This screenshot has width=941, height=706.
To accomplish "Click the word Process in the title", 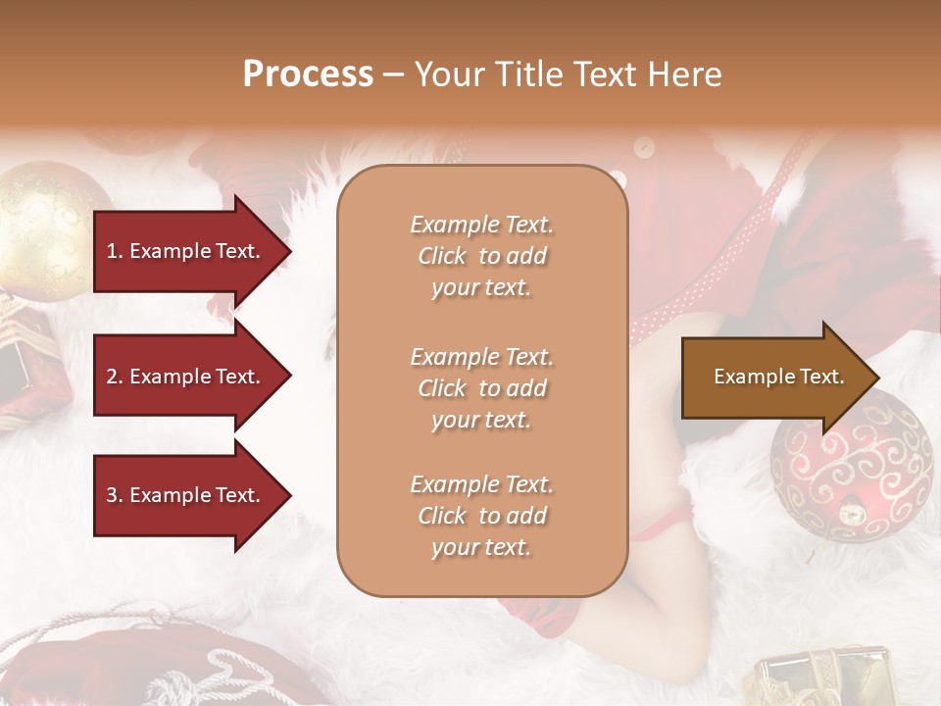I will tap(308, 75).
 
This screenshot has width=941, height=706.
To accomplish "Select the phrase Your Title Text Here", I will tap(568, 75).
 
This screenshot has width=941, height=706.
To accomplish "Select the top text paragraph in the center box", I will tap(481, 256).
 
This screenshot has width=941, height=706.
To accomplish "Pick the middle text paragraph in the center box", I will tap(481, 388).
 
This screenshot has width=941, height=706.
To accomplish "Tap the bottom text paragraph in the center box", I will tap(481, 516).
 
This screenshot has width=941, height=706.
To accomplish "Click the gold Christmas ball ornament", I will tap(44, 230).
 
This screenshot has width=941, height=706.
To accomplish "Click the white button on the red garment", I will tap(643, 147).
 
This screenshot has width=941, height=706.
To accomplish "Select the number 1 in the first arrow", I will tap(112, 251).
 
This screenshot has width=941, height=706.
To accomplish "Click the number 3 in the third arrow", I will tap(112, 495).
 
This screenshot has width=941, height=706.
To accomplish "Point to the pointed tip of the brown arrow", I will tap(876, 377).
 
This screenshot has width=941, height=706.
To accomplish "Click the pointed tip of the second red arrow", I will tap(289, 377).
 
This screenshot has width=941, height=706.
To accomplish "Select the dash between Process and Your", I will tap(393, 75).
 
